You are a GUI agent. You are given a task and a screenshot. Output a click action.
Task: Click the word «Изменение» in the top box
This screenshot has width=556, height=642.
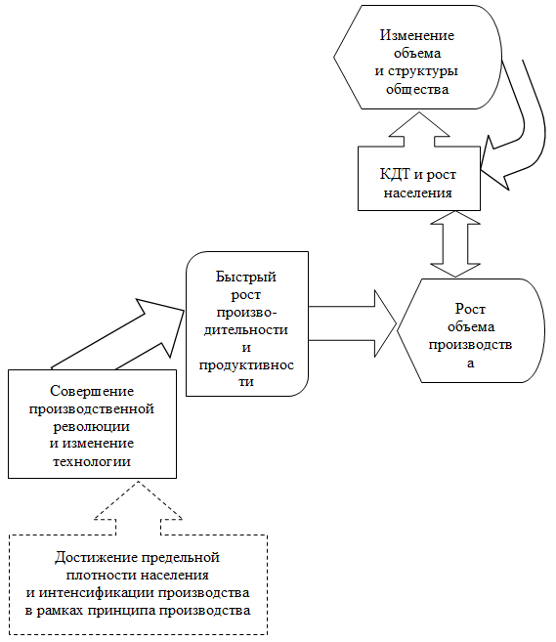[x=417, y=35]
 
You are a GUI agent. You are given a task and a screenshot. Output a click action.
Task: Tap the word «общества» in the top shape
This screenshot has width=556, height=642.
[x=417, y=89]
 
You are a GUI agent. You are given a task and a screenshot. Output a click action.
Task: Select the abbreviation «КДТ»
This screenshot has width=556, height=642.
[x=395, y=174]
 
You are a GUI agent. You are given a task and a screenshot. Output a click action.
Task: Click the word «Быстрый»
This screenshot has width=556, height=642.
[x=246, y=277]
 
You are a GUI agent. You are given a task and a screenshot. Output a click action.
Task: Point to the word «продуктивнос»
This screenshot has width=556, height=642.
[x=246, y=364]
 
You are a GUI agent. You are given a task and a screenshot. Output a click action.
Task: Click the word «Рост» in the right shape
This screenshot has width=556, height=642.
[x=470, y=309]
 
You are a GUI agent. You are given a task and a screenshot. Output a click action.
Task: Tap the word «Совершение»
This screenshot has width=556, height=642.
[x=92, y=391]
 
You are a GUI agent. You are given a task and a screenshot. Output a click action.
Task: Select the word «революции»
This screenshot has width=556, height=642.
[x=91, y=427]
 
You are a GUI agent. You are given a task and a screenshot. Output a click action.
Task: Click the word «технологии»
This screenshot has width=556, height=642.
[x=92, y=462]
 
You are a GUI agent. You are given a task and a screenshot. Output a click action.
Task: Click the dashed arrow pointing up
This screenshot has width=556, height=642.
[x=138, y=508]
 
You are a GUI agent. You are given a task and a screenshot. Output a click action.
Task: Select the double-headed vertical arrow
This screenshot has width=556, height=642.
[x=455, y=244]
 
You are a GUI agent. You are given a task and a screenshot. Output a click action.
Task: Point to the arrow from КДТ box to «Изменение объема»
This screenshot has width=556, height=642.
[x=419, y=129]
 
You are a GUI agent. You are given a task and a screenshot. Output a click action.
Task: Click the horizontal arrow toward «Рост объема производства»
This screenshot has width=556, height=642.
[x=353, y=323]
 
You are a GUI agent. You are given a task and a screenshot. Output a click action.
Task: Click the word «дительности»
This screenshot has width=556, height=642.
[x=246, y=330]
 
